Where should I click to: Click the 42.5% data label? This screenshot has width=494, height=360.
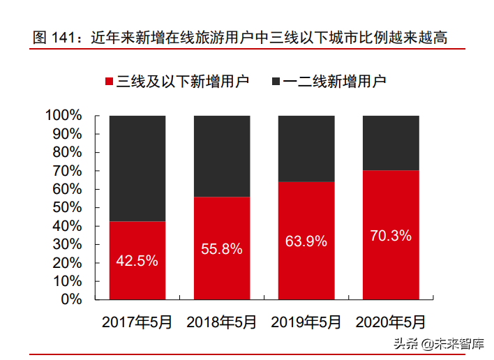(x=137, y=261)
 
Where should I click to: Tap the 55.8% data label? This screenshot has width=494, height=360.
(x=222, y=248)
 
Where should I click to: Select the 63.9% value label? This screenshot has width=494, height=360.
(x=306, y=241)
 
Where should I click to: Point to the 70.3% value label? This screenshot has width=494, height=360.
(x=390, y=235)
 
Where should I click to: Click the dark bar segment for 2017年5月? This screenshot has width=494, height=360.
(x=137, y=168)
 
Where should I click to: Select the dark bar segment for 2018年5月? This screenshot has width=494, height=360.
(x=222, y=156)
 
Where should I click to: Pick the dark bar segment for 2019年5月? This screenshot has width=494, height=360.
(x=306, y=148)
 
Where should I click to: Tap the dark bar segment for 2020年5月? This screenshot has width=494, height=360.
(x=390, y=142)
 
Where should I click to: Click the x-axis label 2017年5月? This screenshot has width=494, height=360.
(x=137, y=322)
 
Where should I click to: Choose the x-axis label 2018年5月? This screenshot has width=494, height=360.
(x=222, y=322)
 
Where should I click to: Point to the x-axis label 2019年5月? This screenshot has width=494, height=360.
(x=306, y=322)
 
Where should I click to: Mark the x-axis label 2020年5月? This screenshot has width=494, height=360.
(x=390, y=322)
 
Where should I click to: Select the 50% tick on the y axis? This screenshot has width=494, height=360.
(x=68, y=208)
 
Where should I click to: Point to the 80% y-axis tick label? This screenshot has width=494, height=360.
(x=68, y=152)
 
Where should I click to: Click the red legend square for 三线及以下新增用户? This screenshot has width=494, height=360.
(x=110, y=82)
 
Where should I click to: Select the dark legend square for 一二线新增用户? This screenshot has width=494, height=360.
(x=276, y=82)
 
